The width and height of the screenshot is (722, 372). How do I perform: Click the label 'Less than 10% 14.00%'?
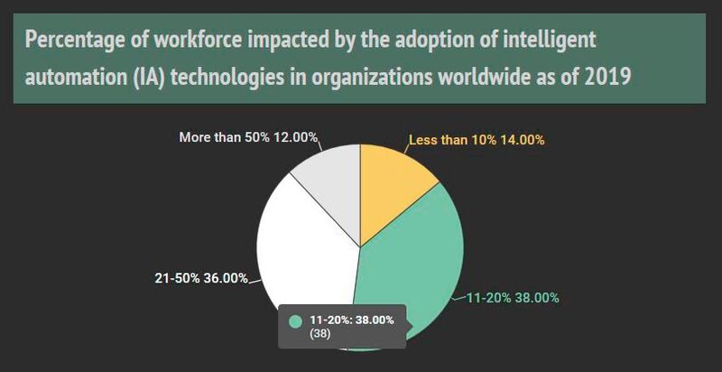coord(477,140)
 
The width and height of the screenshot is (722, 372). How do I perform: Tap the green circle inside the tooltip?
coord(294,321)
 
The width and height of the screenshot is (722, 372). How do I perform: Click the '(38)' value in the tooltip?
coord(319,333)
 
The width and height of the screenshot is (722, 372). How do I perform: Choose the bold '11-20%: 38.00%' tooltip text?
coord(350,320)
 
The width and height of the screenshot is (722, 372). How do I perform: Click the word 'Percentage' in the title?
coord(74,42)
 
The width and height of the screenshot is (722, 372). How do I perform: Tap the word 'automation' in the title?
coord(74,76)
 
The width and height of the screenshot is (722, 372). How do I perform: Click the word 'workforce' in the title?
coord(190,42)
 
